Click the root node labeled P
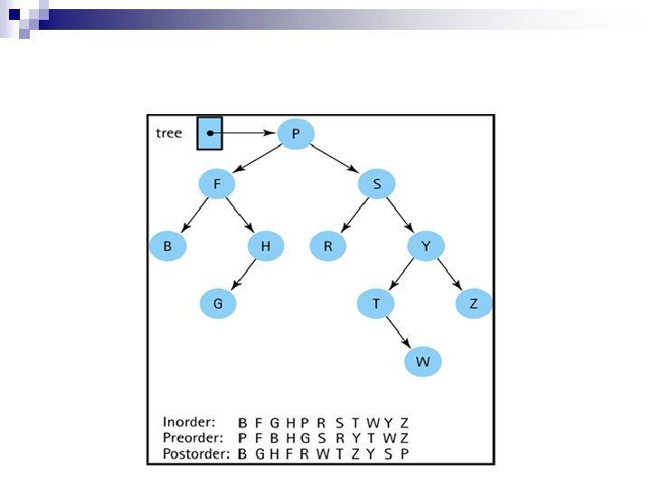pyautogui.click(x=296, y=134)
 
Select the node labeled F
pyautogui.click(x=217, y=185)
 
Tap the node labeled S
pyautogui.click(x=375, y=185)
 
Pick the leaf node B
pyautogui.click(x=167, y=246)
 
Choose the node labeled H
pyautogui.click(x=266, y=246)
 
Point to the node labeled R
pyautogui.click(x=327, y=246)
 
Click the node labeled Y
pyautogui.click(x=425, y=246)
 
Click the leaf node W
pyautogui.click(x=422, y=362)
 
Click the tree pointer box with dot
pyautogui.click(x=210, y=133)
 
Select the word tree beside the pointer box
pyautogui.click(x=169, y=133)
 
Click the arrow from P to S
pyautogui.click(x=335, y=159)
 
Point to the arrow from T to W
pyautogui.click(x=398, y=332)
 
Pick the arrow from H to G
pyautogui.click(x=241, y=275)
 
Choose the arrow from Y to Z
pyautogui.click(x=449, y=275)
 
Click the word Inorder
pyautogui.click(x=188, y=422)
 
